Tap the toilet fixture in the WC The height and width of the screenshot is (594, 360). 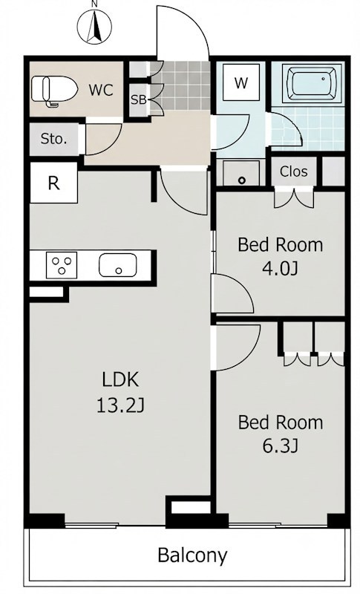click(x=54, y=90)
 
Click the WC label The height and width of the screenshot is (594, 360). click(x=101, y=90)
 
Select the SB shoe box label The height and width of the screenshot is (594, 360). click(x=139, y=100)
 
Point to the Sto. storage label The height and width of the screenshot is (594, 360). click(x=53, y=139)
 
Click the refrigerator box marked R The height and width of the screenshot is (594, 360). click(x=53, y=183)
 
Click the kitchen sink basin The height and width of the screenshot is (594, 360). click(x=118, y=265)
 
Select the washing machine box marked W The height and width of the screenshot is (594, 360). click(x=241, y=82)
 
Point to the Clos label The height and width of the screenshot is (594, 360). click(x=293, y=172)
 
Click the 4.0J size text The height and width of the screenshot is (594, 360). click(x=281, y=268)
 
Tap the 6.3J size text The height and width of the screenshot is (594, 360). click(x=281, y=446)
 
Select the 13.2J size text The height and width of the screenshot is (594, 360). click(x=121, y=405)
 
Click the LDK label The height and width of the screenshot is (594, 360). click(x=121, y=379)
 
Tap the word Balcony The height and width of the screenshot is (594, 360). click(x=193, y=555)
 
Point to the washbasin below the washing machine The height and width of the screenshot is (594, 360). click(x=241, y=174)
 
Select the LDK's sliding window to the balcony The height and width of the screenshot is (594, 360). click(x=92, y=525)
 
